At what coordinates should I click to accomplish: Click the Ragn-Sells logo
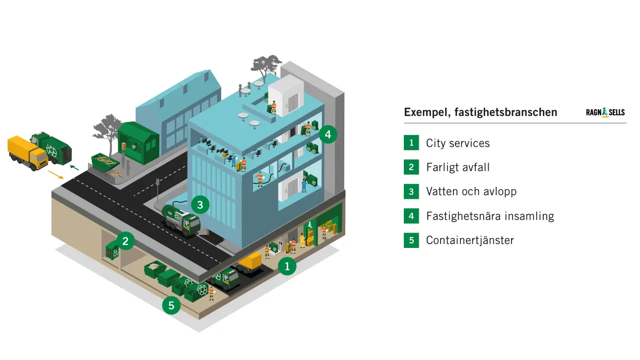[605, 113]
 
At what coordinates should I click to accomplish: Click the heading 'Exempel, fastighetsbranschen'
[480, 112]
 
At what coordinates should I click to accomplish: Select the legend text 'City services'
[457, 143]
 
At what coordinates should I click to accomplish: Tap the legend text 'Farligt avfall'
[457, 168]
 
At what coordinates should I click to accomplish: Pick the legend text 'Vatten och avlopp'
[471, 191]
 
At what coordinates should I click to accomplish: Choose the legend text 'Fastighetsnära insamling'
[490, 216]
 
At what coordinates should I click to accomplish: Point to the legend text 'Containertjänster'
[469, 240]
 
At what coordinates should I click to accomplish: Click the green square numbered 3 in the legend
[411, 191]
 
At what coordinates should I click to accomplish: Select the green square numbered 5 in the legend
[411, 240]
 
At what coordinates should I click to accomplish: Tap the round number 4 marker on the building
[328, 134]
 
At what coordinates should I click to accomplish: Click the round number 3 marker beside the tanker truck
[200, 204]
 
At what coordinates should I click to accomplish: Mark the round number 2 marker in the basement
[126, 241]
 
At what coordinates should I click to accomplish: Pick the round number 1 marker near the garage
[287, 266]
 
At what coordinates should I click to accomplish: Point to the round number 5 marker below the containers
[171, 305]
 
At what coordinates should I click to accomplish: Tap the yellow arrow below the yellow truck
[56, 175]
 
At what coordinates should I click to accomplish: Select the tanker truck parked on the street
[182, 219]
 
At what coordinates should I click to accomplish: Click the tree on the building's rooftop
[265, 66]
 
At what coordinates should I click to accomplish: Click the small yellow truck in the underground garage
[249, 261]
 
